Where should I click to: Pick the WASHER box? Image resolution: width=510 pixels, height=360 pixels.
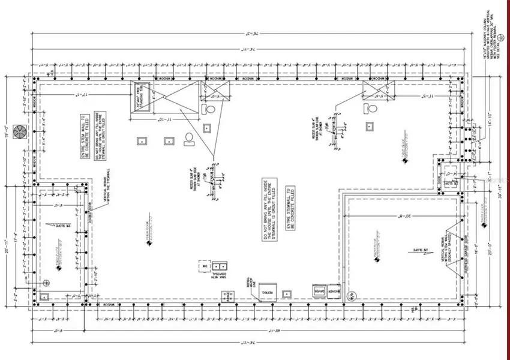click(x=334, y=290)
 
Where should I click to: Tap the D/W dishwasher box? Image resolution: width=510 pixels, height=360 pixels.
click(x=203, y=265)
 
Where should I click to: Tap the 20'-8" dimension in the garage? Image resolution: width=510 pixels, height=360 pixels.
click(x=398, y=215)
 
